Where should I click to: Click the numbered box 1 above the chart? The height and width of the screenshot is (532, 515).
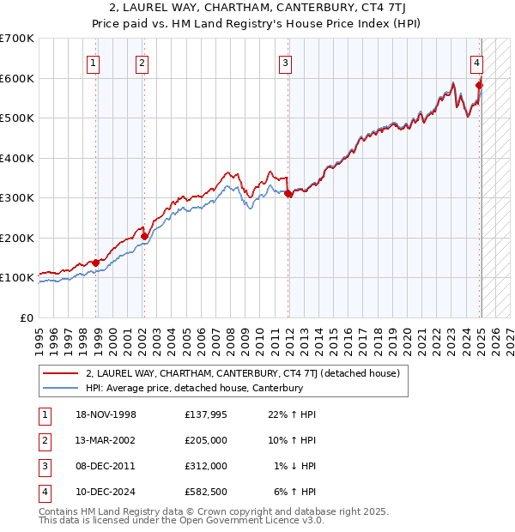click(92, 62)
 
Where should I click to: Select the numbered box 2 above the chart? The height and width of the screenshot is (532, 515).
click(141, 62)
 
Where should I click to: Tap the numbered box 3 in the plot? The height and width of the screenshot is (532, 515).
click(285, 62)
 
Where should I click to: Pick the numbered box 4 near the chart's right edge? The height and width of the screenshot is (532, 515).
click(476, 62)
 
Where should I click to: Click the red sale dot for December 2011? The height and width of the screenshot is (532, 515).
click(288, 194)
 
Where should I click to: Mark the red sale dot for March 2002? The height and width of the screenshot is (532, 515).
click(144, 236)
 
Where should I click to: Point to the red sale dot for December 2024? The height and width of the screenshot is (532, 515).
click(479, 85)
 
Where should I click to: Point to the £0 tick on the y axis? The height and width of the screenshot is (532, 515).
click(27, 317)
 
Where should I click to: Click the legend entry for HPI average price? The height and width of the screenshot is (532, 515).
click(194, 388)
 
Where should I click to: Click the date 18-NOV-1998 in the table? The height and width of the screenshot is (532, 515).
click(106, 414)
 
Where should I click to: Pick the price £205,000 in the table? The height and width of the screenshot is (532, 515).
click(206, 440)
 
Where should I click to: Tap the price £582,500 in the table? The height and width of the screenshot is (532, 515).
click(206, 492)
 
